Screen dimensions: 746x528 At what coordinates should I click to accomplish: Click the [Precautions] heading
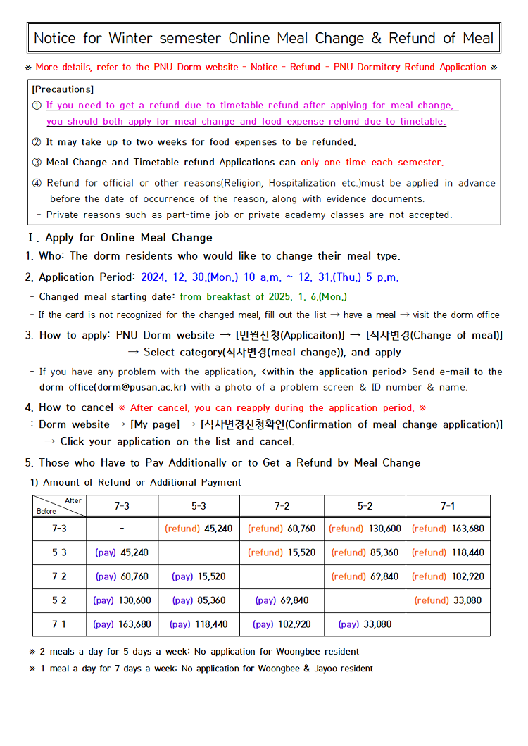coord(63,89)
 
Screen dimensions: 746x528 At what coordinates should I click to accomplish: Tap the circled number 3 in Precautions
coord(37,163)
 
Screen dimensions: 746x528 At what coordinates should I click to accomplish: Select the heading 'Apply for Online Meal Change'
coord(129,238)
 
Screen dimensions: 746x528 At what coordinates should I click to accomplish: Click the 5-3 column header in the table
coord(199,506)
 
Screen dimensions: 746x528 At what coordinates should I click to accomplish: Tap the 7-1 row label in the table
coord(59,624)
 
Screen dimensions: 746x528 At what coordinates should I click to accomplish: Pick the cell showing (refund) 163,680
coord(448,529)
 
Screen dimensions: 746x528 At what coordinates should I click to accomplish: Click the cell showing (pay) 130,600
coord(122,600)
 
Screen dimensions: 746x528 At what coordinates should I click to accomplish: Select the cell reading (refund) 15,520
coord(282,552)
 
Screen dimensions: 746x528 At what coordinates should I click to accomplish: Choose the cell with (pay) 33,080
coord(365,624)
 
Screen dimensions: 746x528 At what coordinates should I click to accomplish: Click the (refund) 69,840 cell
coord(365,576)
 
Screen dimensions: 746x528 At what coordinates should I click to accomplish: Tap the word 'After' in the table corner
coord(73,500)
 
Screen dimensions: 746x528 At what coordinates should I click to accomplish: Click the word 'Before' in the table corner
coord(46,512)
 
